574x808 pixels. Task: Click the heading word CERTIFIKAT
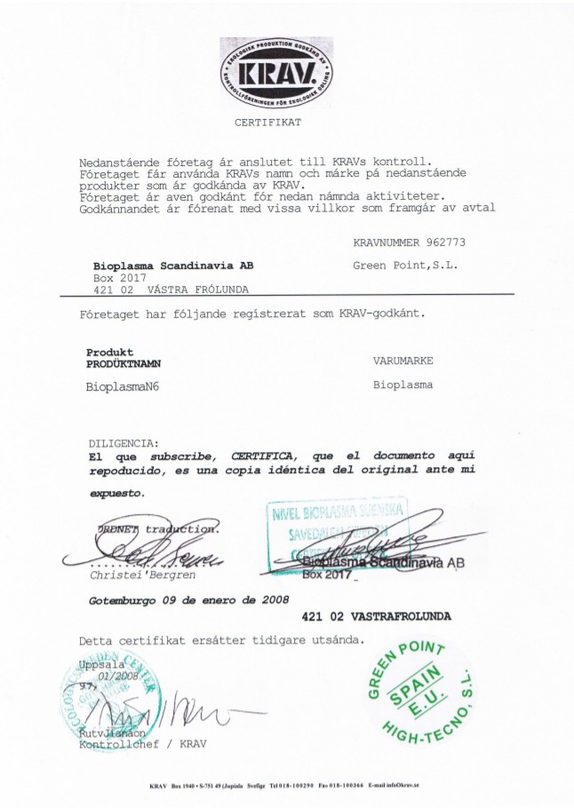(267, 122)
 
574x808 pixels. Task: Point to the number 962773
(446, 242)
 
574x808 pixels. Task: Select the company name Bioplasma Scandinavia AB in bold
(173, 265)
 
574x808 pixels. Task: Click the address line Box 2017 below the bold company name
(113, 278)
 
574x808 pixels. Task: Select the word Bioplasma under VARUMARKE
(403, 386)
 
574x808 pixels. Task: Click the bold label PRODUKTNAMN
(124, 363)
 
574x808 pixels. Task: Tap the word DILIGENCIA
(124, 442)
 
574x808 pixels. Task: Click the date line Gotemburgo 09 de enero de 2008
(188, 600)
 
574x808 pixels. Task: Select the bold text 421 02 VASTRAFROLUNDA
(376, 615)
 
